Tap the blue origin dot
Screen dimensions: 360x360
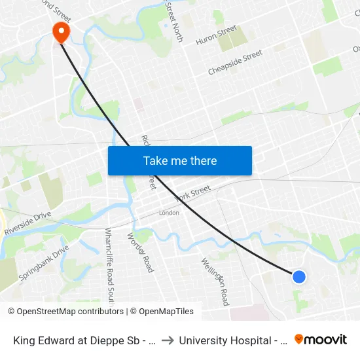pyautogui.click(x=298, y=277)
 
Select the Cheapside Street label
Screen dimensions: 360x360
pyautogui.click(x=235, y=62)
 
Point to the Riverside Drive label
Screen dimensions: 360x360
pyautogui.click(x=27, y=223)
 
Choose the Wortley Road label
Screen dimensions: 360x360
pyautogui.click(x=139, y=252)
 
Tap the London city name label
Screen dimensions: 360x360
pyautogui.click(x=169, y=213)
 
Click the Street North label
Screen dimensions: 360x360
pyautogui.click(x=174, y=21)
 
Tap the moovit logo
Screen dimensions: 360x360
pyautogui.click(x=321, y=340)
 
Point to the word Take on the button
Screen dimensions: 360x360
pyautogui.click(x=156, y=160)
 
